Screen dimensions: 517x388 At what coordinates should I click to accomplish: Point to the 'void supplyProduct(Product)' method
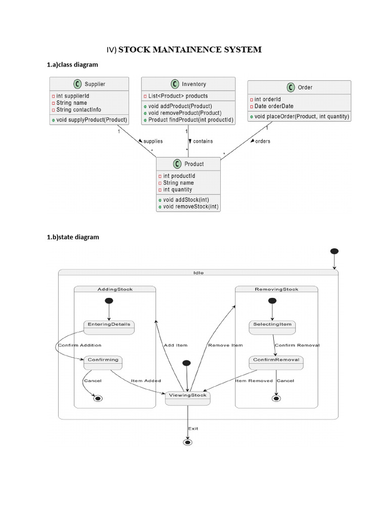(x=91, y=120)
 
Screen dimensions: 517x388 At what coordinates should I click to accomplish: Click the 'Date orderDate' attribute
(x=274, y=107)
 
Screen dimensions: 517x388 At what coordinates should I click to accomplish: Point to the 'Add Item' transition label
(x=175, y=345)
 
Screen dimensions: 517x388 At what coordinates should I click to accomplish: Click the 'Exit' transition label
(x=193, y=428)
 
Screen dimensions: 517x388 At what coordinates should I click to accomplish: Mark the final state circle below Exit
(x=188, y=442)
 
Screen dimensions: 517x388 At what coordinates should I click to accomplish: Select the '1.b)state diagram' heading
(x=73, y=237)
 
